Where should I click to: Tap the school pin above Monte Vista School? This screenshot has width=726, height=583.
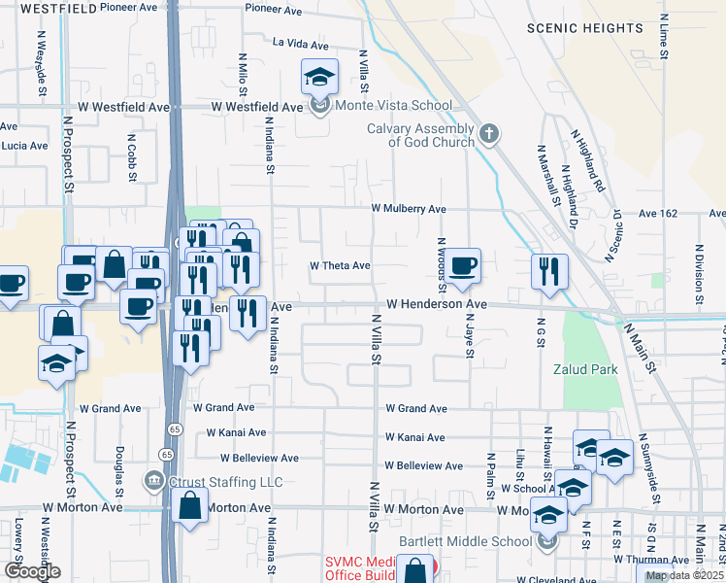coord(319,77)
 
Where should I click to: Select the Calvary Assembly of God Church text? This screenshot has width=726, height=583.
coord(420,135)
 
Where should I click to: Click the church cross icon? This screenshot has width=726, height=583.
coord(489,134)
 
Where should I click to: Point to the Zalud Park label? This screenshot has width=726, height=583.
coord(585,370)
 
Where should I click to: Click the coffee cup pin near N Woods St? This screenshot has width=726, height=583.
coord(463,265)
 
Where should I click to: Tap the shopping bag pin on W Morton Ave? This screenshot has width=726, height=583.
coord(189,505)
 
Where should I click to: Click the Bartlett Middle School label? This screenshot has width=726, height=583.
coord(466,542)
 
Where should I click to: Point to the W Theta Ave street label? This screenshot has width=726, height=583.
coord(340,265)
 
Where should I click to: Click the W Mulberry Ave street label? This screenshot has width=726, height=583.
coord(408,209)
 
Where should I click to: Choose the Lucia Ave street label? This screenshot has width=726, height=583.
coord(24,146)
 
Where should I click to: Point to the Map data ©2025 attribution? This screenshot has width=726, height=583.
coord(683,575)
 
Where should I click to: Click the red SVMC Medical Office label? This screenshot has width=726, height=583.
coord(364,569)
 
